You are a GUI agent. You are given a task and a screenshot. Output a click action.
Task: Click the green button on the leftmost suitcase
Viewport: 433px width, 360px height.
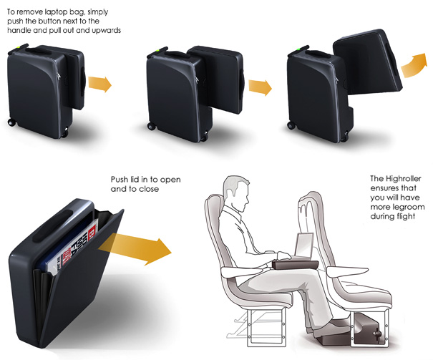tap(18, 47)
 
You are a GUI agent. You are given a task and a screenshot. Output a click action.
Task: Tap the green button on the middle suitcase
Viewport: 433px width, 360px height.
tap(157, 51)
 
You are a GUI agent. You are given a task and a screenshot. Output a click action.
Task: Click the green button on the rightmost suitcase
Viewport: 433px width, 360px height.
tap(298, 49)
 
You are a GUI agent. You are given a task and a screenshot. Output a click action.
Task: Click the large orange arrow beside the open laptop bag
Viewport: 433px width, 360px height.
tap(135, 248)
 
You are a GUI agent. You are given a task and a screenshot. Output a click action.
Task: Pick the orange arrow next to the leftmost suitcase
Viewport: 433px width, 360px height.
tap(99, 84)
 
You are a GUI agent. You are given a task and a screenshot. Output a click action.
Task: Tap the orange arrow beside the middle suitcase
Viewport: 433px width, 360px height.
tap(260, 87)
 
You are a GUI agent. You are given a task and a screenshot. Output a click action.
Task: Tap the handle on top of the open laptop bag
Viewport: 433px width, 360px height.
tap(52, 226)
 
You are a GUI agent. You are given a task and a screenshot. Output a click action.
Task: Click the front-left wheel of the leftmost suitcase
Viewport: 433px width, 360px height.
tap(11, 122)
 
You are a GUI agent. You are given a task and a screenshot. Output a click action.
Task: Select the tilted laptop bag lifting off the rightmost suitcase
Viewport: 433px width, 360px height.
tap(368, 62)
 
